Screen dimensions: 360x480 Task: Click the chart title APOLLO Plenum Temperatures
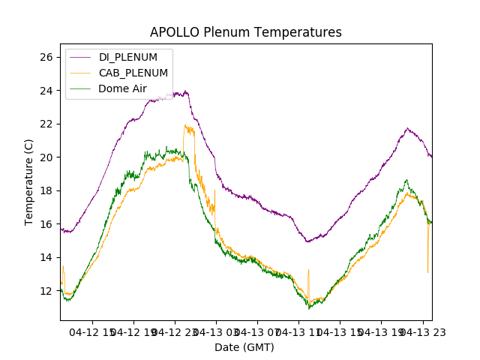pos(245,32)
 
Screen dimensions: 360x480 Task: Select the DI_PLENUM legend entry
pos(127,57)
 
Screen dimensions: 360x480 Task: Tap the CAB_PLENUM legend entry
pos(133,73)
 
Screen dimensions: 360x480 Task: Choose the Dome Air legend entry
pos(122,88)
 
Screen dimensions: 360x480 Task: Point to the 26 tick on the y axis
pos(46,57)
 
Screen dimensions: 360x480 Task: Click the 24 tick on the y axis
pos(46,91)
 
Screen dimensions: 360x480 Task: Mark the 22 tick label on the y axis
pos(46,124)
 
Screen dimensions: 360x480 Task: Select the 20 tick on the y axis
pos(46,157)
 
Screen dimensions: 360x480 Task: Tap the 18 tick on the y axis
pos(46,190)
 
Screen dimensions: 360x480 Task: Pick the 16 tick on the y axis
pos(46,224)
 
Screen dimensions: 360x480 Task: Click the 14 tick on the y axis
pos(46,257)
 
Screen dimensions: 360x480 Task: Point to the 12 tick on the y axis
pos(46,291)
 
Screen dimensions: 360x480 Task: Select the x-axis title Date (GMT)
pos(244,347)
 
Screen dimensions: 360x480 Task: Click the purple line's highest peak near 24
pos(185,91)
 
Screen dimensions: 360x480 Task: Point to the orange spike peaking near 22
pos(185,126)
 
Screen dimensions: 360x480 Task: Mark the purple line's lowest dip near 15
pos(307,241)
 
